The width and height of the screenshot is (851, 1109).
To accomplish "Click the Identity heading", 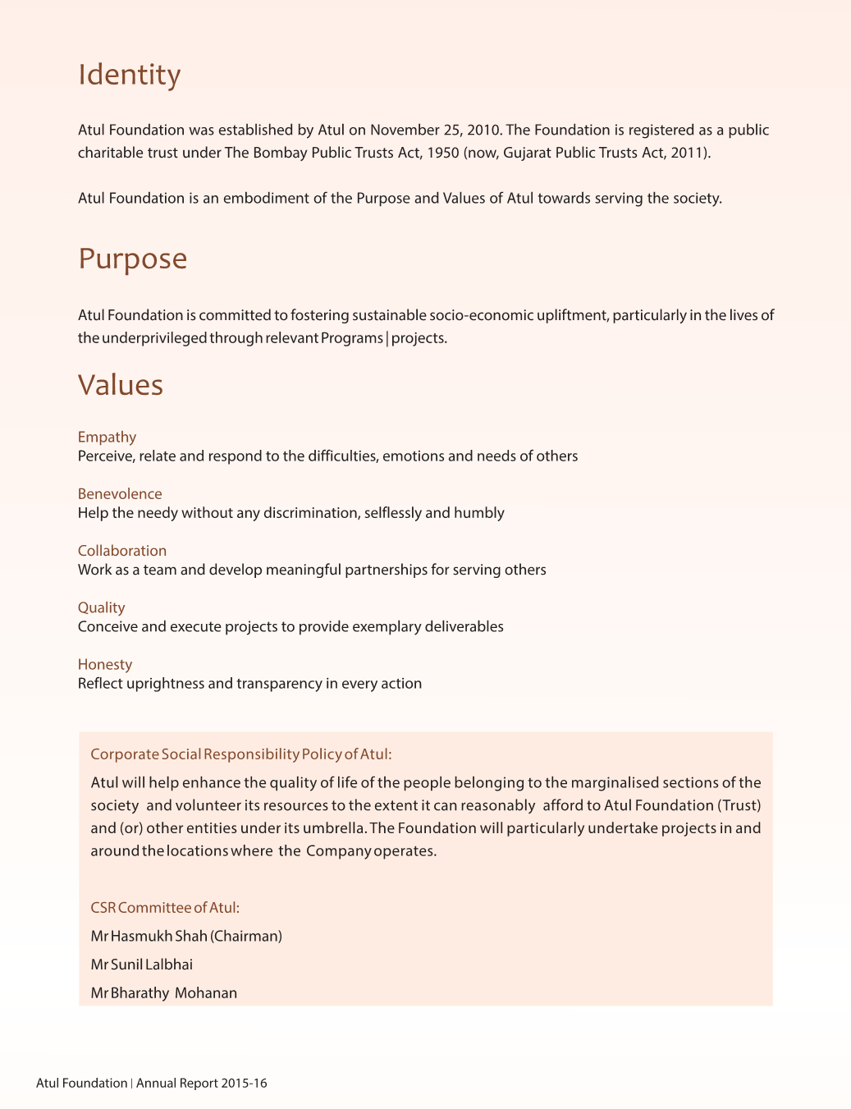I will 129,75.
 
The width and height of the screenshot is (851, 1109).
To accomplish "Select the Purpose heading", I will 132,259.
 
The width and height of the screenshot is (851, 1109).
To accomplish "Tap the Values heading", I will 121,385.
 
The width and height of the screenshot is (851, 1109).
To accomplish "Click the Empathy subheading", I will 107,437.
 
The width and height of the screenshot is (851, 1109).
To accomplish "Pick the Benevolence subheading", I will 120,493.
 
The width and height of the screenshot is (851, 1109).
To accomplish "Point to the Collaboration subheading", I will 121,551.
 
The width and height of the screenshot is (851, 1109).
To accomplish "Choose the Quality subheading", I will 101,607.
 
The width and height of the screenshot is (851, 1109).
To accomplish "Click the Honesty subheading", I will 104,664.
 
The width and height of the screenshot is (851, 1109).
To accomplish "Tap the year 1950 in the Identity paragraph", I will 443,153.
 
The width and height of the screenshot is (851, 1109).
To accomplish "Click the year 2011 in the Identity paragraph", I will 688,153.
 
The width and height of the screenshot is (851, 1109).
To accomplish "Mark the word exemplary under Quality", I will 386,626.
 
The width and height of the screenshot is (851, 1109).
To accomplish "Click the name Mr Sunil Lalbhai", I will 141,965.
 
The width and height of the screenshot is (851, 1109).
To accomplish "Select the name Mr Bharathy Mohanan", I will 163,992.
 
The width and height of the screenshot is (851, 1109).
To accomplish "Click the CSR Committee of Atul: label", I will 164,907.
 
